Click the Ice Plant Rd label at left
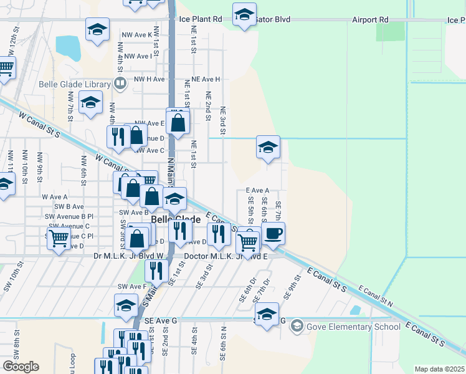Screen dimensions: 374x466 (x=201, y=19)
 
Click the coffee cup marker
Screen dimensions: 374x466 (x=273, y=234)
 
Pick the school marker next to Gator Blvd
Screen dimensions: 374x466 (x=244, y=14)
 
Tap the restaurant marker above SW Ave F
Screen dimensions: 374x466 (x=156, y=271)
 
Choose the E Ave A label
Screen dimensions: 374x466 (x=257, y=190)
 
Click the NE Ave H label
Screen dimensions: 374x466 (x=206, y=80)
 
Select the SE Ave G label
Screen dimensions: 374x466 (x=161, y=320)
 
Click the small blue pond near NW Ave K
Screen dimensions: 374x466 (x=68, y=46)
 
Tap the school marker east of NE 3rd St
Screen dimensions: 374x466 (x=268, y=148)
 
